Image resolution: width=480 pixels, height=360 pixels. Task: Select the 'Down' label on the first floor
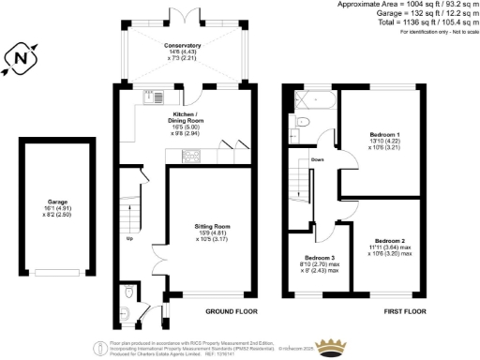pos(318,160)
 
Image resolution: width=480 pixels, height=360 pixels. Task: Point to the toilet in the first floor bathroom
pos(297,122)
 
